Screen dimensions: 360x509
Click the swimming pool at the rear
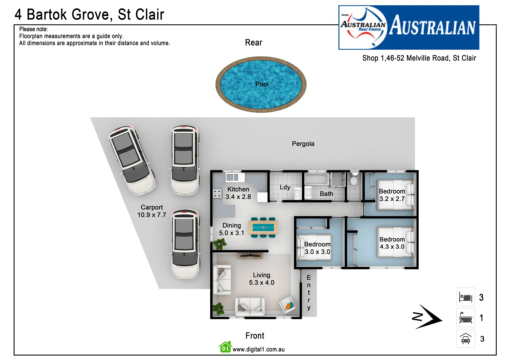click(x=261, y=84)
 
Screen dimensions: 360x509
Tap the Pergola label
click(x=303, y=144)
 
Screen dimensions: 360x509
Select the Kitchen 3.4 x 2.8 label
click(x=238, y=193)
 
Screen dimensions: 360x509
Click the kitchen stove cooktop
click(x=217, y=193)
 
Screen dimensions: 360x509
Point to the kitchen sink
click(x=232, y=177)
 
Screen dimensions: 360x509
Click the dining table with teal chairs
click(x=263, y=228)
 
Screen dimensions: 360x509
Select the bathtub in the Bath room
click(x=316, y=179)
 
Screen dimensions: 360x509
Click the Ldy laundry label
click(x=285, y=187)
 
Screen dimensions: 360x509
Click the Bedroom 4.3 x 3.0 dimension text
click(x=392, y=247)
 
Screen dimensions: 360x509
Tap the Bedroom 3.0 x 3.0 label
click(x=317, y=248)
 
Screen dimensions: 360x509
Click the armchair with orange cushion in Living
click(x=287, y=305)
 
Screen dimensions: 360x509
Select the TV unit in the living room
click(x=250, y=256)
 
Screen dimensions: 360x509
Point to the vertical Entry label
click(x=309, y=292)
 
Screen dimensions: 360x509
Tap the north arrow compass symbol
click(x=428, y=317)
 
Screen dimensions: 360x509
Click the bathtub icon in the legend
click(x=465, y=318)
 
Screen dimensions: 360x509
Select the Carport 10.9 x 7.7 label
click(x=152, y=211)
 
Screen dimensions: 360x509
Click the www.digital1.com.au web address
click(x=258, y=349)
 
